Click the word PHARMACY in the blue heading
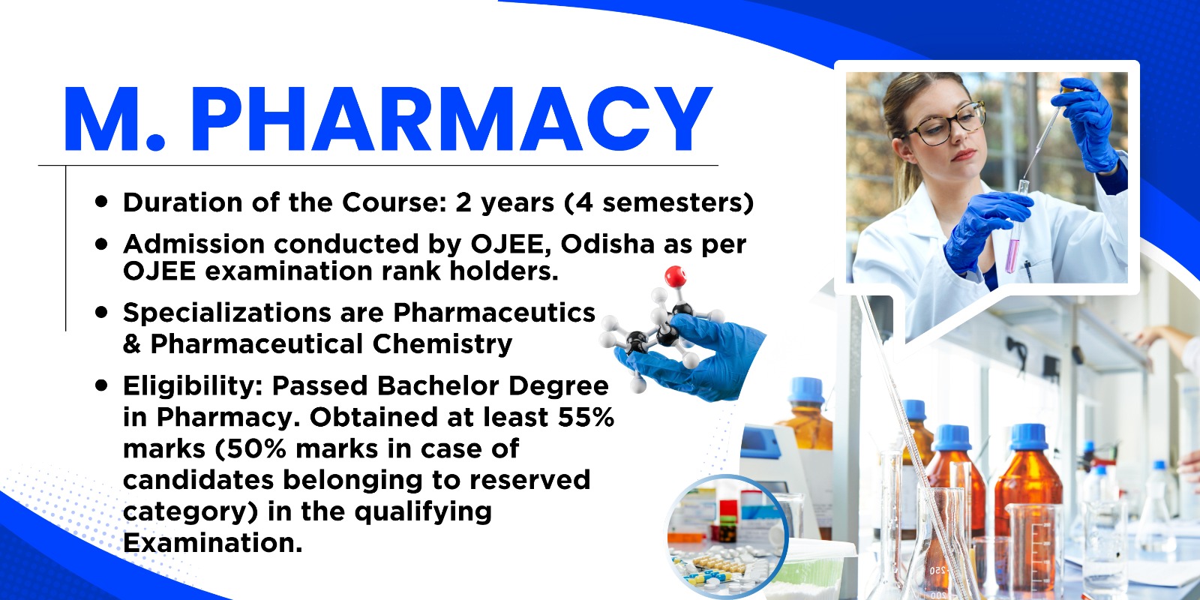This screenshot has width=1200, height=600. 451,119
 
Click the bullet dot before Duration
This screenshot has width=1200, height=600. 100,202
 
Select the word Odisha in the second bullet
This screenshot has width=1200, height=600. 607,244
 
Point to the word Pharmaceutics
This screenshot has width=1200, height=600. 494,312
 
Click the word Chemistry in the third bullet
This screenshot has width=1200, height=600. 442,344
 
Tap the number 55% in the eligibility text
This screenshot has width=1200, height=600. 586,417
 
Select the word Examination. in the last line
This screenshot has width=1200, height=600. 213,543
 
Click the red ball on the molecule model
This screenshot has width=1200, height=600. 675,277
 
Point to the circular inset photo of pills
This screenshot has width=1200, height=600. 727,535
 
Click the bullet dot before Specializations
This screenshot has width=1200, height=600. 100,312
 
